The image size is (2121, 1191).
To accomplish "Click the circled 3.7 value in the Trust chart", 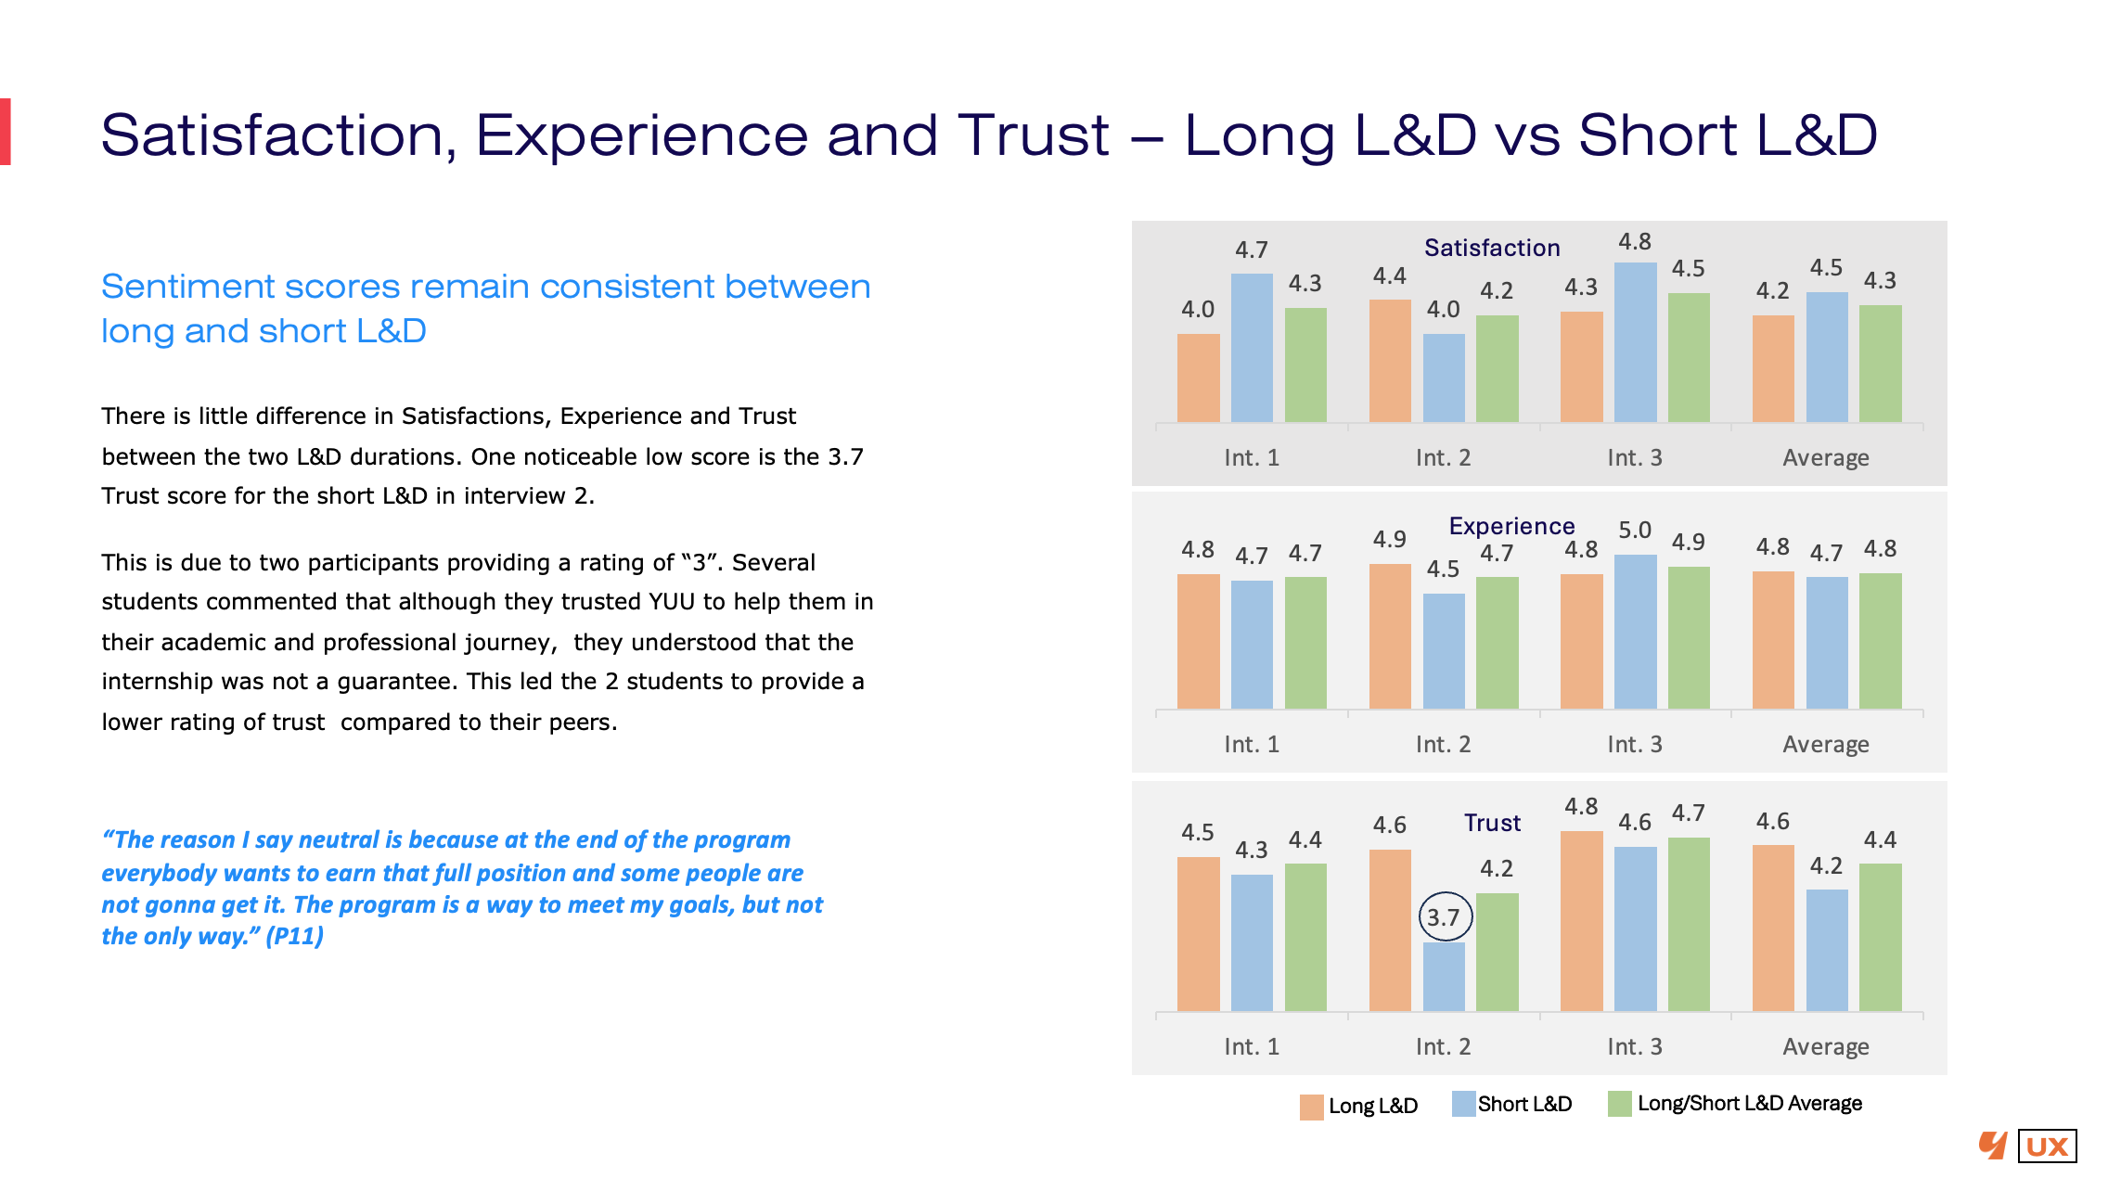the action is [x=1445, y=917].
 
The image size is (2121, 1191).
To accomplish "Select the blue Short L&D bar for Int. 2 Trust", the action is [x=1444, y=977].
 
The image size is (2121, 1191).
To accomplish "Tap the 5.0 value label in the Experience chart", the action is [x=1635, y=531].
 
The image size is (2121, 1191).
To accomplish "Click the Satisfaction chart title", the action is [x=1492, y=248].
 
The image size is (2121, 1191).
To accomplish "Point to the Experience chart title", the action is [x=1511, y=526].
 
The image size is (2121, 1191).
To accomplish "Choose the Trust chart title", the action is [x=1492, y=823].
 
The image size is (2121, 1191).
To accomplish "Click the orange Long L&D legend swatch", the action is [x=1311, y=1107].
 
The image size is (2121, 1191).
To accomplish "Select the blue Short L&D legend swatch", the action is [x=1463, y=1104].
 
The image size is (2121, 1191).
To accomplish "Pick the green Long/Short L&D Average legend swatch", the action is [x=1619, y=1104].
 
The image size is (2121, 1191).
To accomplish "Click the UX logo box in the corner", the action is [x=2047, y=1146].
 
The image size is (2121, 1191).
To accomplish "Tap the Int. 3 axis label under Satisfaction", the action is [x=1635, y=457].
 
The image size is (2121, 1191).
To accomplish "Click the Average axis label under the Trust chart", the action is [x=1826, y=1047].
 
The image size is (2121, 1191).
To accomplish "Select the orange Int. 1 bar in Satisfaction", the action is [x=1198, y=378].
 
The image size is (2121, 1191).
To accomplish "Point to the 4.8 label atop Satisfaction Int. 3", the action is [x=1635, y=242].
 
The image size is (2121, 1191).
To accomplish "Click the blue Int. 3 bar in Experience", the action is [x=1635, y=632].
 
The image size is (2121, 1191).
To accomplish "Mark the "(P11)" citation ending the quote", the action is [x=294, y=936].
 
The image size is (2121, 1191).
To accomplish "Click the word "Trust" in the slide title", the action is [x=1033, y=135].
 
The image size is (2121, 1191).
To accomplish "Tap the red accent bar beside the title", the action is [x=6, y=132].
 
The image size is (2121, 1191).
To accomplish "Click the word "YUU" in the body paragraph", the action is [x=672, y=602].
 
